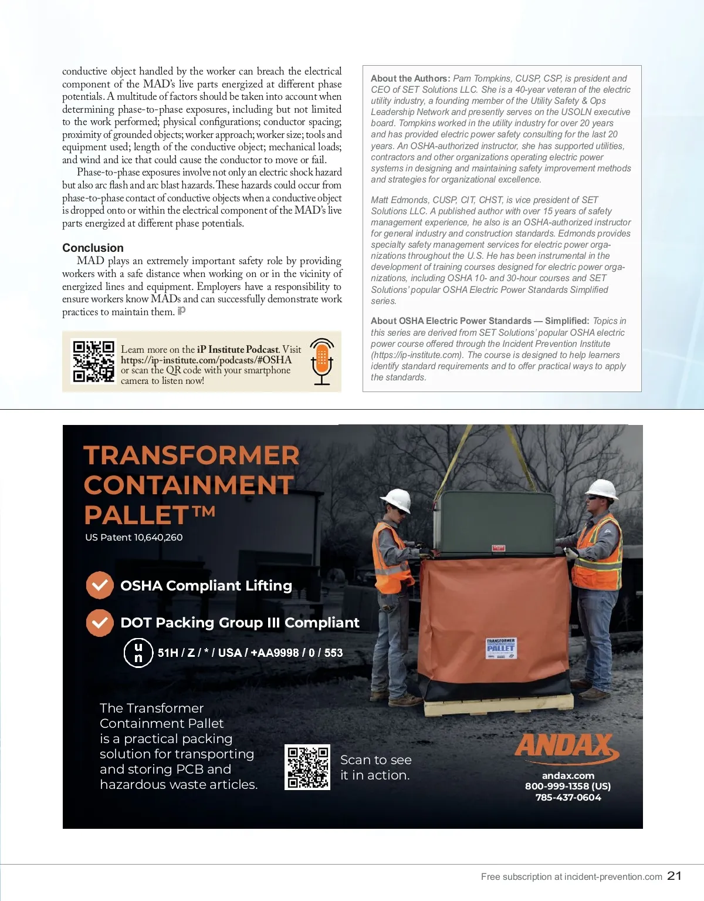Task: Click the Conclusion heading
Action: click(x=93, y=248)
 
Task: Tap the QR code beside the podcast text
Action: click(x=93, y=362)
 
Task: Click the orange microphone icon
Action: click(x=321, y=361)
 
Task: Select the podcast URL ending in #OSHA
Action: click(x=206, y=360)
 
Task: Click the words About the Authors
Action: click(x=410, y=79)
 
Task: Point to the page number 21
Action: click(x=675, y=876)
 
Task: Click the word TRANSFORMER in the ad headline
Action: click(x=191, y=455)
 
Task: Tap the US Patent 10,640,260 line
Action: click(x=134, y=537)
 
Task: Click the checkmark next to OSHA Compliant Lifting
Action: click(x=100, y=585)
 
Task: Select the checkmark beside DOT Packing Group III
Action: click(x=100, y=623)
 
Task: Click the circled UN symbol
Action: click(x=138, y=653)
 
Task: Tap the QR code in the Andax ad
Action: click(x=307, y=767)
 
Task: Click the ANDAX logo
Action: click(x=566, y=747)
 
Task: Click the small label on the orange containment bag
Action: click(x=500, y=648)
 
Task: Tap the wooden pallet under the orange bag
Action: click(x=499, y=704)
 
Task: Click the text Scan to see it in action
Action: click(x=375, y=767)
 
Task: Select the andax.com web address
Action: click(x=568, y=775)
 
